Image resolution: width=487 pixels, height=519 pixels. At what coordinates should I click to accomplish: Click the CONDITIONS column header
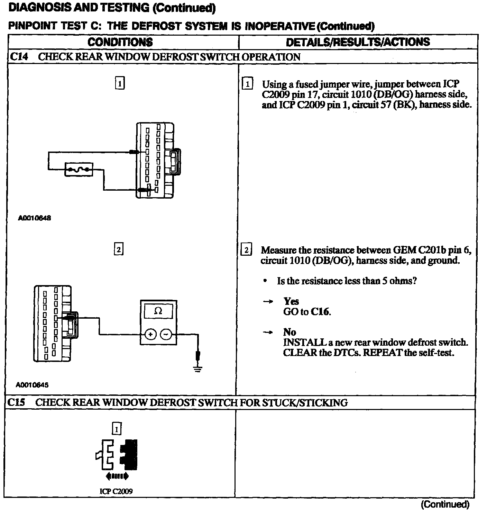pyautogui.click(x=120, y=42)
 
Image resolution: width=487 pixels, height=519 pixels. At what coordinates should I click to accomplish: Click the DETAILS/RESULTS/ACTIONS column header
pyautogui.click(x=358, y=42)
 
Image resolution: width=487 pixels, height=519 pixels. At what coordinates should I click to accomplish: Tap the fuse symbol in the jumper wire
pyautogui.click(x=79, y=170)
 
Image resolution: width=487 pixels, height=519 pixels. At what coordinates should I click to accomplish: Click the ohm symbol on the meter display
pyautogui.click(x=158, y=311)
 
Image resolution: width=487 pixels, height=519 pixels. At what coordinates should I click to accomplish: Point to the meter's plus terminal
pyautogui.click(x=150, y=334)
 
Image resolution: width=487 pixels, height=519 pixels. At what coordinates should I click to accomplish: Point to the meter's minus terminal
pyautogui.click(x=166, y=334)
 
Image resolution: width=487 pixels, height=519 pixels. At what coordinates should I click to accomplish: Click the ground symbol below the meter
pyautogui.click(x=198, y=368)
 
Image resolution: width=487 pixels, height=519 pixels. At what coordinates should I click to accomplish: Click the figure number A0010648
pyautogui.click(x=35, y=218)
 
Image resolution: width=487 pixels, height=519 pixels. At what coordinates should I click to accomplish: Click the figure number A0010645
pyautogui.click(x=32, y=385)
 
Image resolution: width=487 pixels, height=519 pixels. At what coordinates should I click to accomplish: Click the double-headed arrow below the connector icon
pyautogui.click(x=117, y=476)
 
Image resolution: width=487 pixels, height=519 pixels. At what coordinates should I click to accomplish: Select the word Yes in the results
pyautogui.click(x=291, y=301)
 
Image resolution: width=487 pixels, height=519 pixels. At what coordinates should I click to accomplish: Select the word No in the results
pyautogui.click(x=290, y=333)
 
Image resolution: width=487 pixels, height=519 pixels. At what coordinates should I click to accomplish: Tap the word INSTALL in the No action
pyautogui.click(x=304, y=343)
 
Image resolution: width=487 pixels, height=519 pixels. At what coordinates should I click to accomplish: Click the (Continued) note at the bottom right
pyautogui.click(x=445, y=504)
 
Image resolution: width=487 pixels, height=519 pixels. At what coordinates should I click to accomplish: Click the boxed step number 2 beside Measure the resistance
pyautogui.click(x=246, y=250)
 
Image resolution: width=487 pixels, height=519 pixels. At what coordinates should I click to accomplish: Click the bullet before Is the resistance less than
pyautogui.click(x=265, y=281)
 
